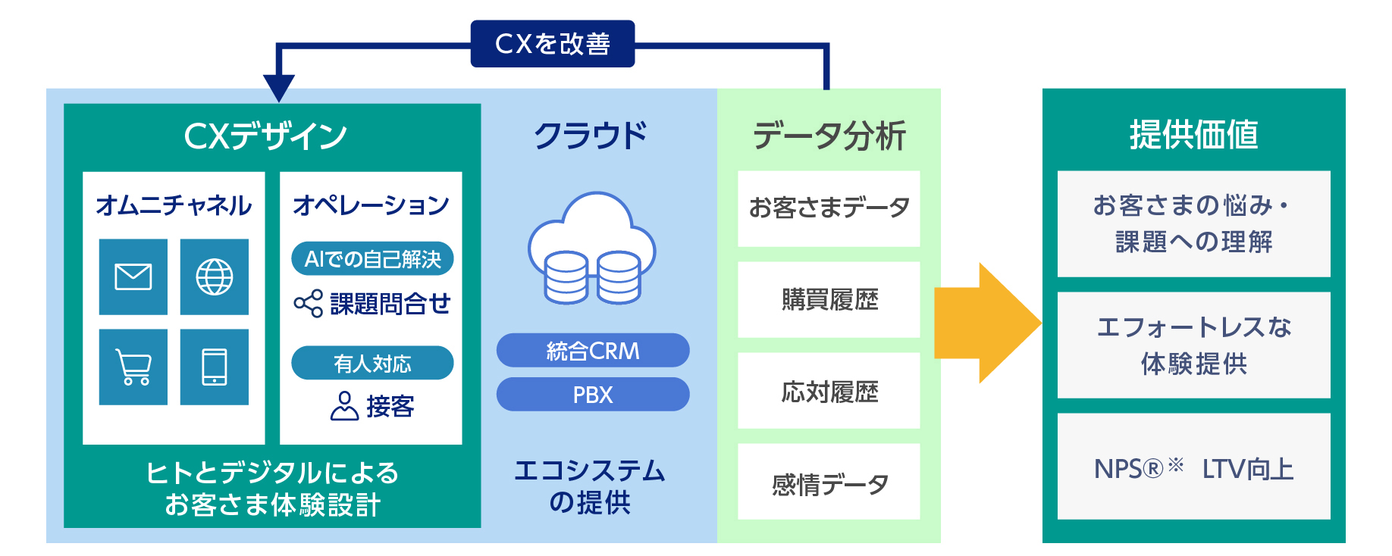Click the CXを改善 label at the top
click(552, 44)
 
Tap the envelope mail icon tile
click(133, 276)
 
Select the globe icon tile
click(215, 276)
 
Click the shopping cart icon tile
click(133, 367)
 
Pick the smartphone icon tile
click(215, 367)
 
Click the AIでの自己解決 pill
click(372, 259)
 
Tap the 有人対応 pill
click(372, 364)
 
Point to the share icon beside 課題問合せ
click(308, 304)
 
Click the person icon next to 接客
click(344, 406)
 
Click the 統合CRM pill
click(593, 351)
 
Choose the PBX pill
click(593, 395)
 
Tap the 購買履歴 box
click(829, 300)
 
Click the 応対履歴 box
click(829, 391)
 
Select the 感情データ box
click(829, 483)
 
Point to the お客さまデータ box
click(829, 208)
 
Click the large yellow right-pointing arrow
click(986, 323)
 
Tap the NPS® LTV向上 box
click(1193, 467)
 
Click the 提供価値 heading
click(1193, 135)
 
